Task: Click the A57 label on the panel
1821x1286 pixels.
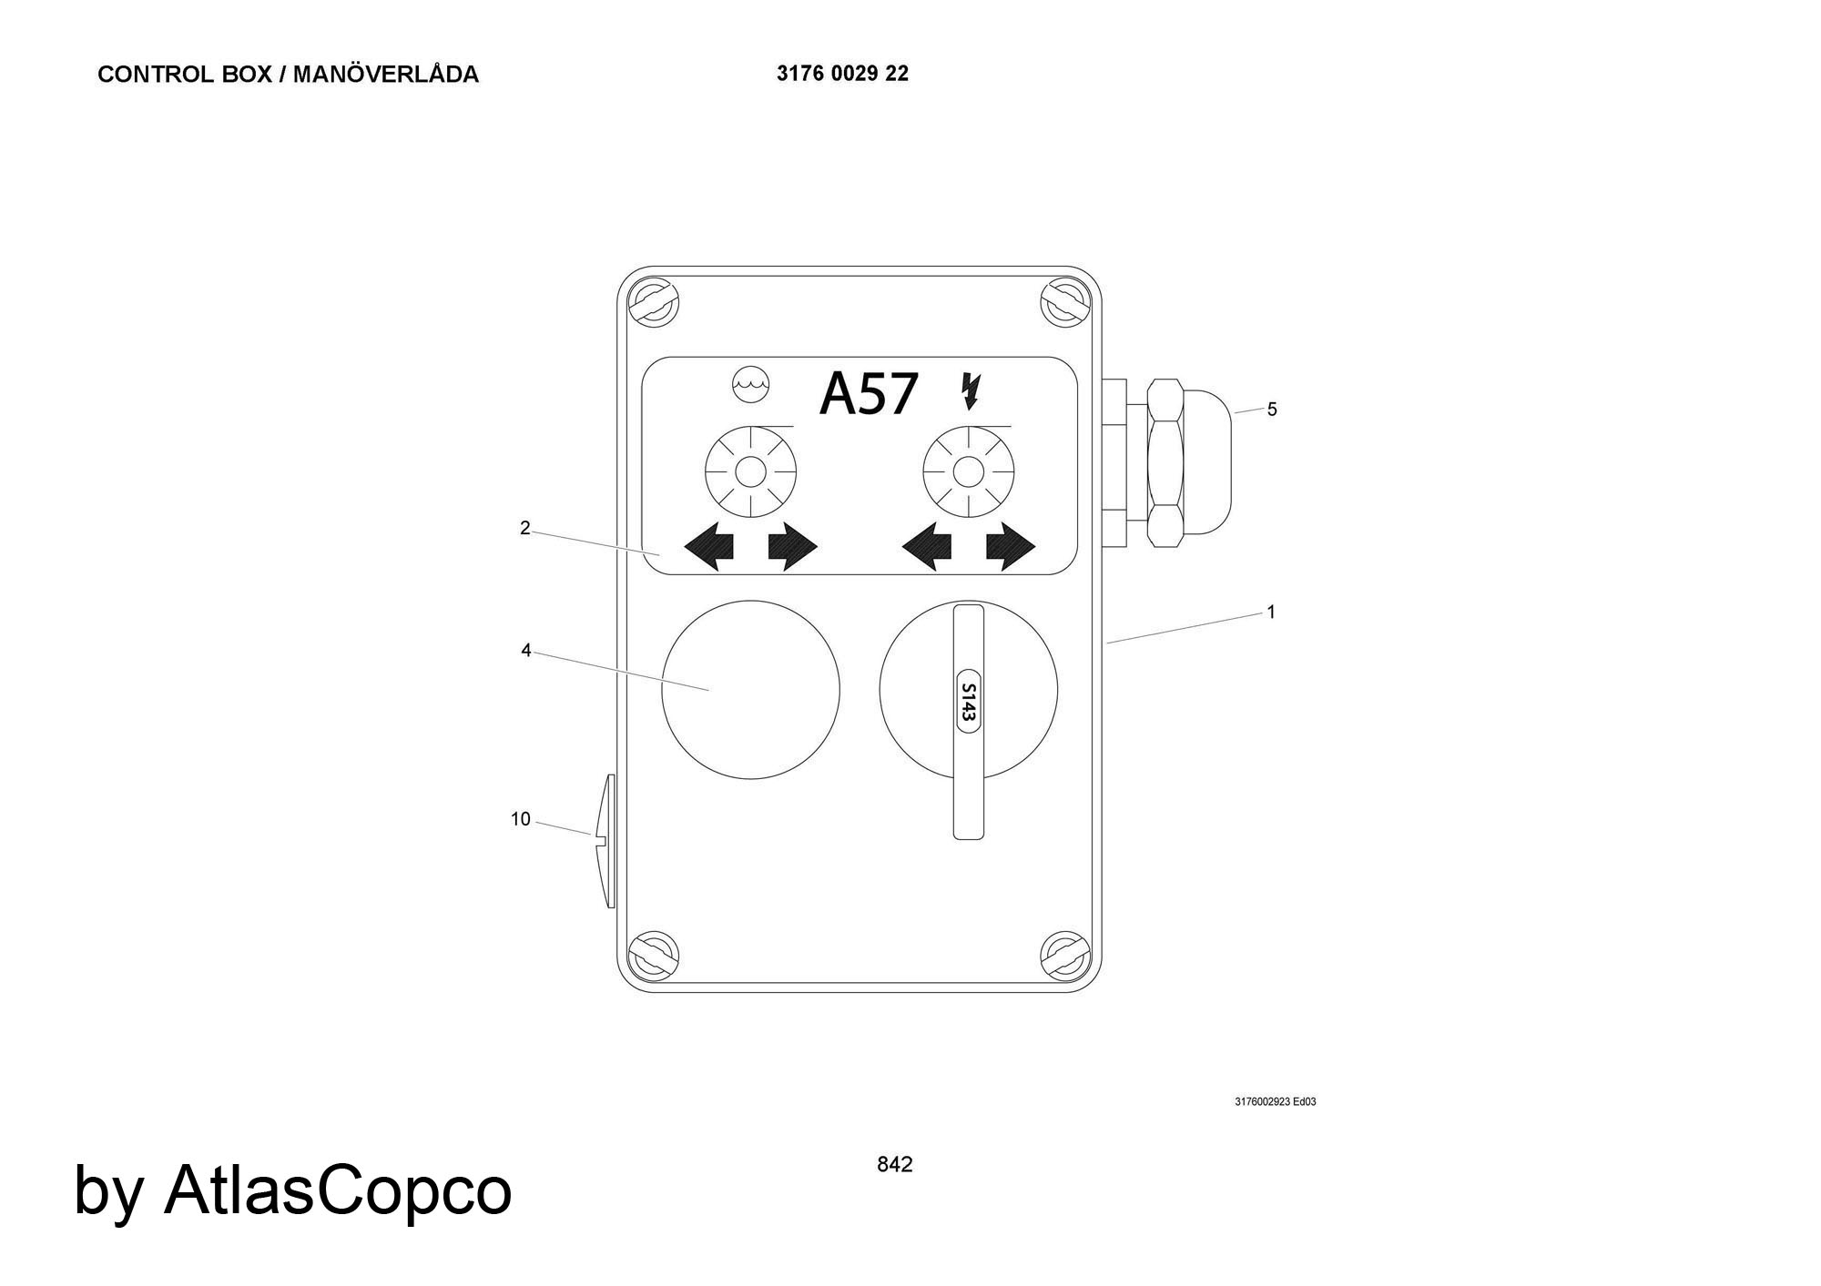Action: pos(868,394)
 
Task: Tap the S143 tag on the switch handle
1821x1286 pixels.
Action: pos(968,702)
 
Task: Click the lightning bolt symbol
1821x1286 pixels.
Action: pos(971,390)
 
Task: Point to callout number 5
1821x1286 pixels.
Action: pos(1272,410)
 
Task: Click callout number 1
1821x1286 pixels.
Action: pos(1271,613)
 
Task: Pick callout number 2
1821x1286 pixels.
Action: pos(524,528)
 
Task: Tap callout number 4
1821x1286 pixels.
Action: pos(525,651)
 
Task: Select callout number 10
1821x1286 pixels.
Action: pos(520,819)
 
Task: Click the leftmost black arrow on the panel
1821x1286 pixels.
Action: pos(709,547)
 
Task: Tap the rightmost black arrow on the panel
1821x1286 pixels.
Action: pos(1011,547)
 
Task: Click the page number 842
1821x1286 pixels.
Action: pos(894,1164)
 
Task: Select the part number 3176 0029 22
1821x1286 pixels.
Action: pos(842,74)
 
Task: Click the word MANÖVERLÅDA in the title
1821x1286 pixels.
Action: pos(385,74)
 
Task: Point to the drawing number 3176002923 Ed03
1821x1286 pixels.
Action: pos(1275,1102)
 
